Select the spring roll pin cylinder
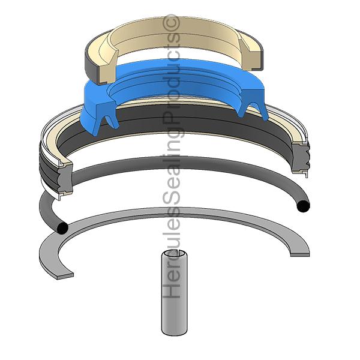pos(175,293)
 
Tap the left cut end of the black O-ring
pos(62,229)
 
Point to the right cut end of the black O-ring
pos(303,206)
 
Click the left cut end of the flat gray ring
pos(65,276)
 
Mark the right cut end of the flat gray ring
pos(300,254)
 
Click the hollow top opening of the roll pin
pos(175,254)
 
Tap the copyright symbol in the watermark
pos(171,22)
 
